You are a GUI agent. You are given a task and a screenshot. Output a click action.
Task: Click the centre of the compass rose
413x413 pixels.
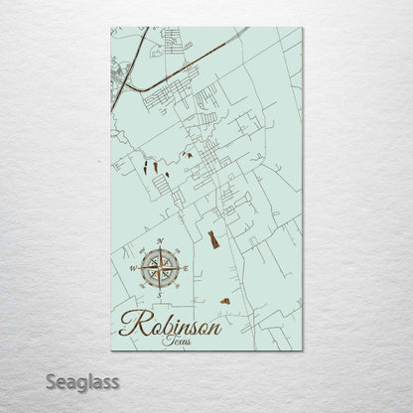click(158, 267)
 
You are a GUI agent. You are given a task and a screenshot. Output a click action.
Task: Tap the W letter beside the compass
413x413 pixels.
click(133, 268)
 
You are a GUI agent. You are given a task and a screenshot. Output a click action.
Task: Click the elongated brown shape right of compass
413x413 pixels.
click(213, 239)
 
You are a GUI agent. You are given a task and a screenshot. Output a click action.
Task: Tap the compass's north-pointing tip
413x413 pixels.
click(159, 249)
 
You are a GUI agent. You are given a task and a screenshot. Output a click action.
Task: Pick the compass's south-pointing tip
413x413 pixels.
click(159, 287)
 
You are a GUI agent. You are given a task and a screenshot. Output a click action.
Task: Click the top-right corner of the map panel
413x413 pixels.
click(303, 28)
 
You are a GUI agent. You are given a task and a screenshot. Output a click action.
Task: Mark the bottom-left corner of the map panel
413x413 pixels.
click(110, 350)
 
